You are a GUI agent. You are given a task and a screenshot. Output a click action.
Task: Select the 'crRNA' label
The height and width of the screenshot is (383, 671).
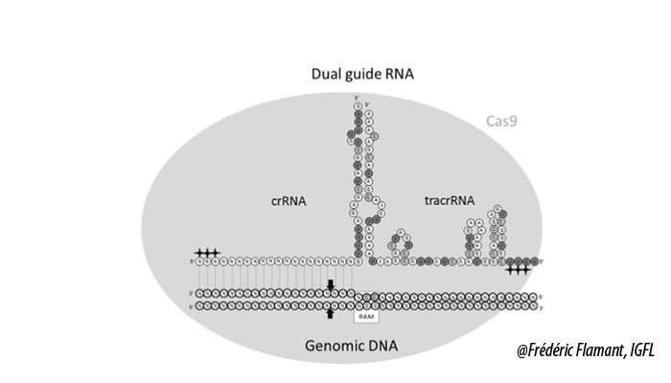(289, 201)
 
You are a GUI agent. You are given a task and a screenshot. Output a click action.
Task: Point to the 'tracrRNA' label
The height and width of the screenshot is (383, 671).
(448, 201)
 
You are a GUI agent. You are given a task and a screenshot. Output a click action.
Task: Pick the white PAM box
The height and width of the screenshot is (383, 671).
(366, 314)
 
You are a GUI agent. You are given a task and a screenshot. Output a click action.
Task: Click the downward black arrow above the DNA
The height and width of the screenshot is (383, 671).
(331, 285)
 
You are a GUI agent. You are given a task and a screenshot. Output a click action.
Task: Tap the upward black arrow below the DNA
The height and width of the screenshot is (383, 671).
(331, 312)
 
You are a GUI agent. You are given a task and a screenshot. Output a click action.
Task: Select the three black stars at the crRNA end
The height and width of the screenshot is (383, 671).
(207, 252)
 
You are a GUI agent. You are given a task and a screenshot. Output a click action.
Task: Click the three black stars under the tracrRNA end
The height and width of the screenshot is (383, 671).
(519, 270)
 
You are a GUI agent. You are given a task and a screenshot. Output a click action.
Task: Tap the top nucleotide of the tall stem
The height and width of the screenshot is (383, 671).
(359, 103)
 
